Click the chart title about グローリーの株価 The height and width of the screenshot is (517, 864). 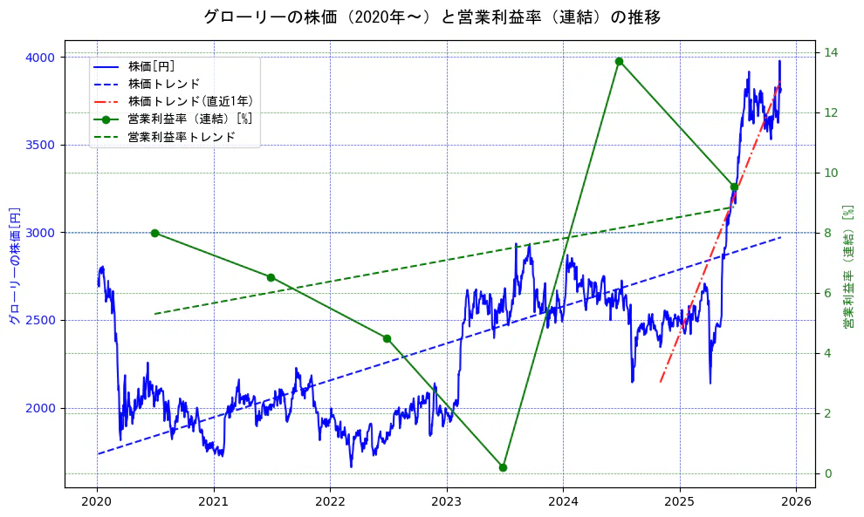432,17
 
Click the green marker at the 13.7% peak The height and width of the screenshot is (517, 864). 619,61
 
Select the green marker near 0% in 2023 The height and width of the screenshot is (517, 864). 503,467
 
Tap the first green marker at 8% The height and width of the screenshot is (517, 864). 154,233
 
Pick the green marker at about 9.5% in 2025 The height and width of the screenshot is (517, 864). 734,187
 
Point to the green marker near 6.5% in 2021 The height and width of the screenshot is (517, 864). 271,277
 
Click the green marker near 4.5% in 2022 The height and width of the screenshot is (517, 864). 387,338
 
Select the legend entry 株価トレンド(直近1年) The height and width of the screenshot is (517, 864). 190,101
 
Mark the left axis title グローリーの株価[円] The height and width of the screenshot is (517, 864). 14,265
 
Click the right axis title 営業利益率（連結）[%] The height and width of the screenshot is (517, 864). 847,265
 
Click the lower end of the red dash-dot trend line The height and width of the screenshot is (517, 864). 661,382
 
